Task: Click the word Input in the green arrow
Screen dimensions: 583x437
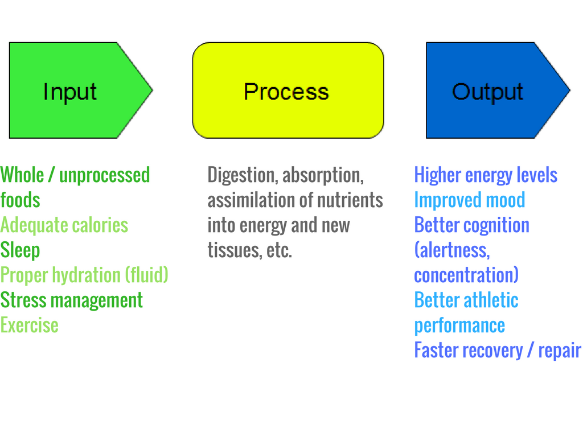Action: click(x=70, y=92)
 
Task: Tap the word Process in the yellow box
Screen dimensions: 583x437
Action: click(x=286, y=92)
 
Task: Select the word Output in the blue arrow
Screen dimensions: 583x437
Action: click(x=487, y=92)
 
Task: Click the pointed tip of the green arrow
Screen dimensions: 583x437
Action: click(x=153, y=90)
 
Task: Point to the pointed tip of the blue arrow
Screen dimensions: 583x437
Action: click(x=569, y=90)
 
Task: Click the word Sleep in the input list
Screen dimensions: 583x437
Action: click(x=20, y=250)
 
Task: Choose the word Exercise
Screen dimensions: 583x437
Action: click(x=30, y=325)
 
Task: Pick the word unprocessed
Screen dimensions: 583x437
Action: click(x=105, y=175)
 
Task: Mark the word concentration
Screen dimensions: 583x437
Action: click(x=466, y=275)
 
